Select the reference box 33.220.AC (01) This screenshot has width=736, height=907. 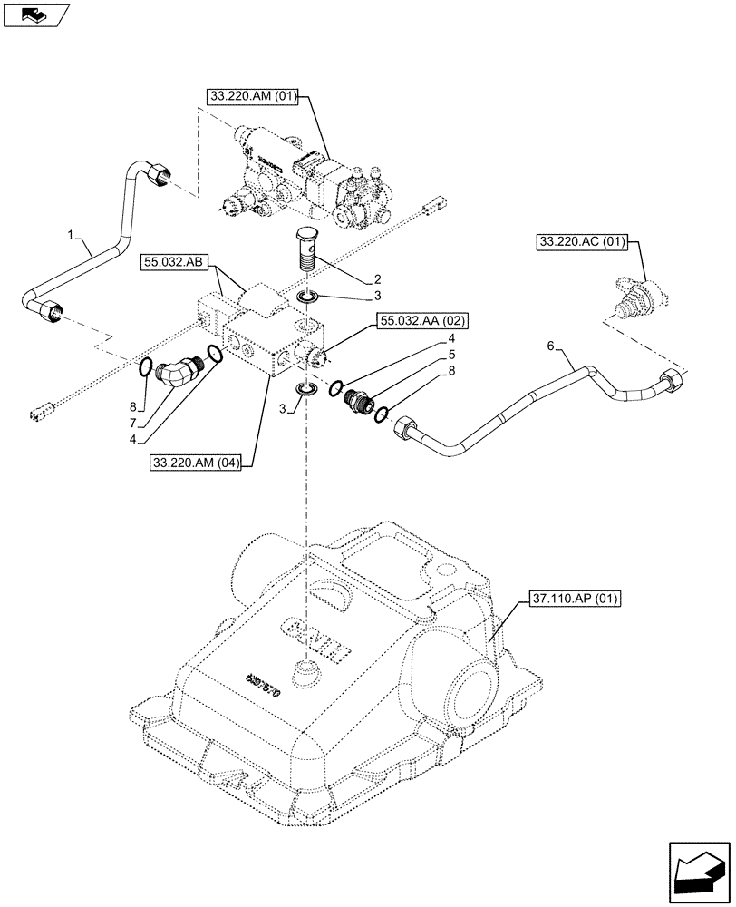coord(586,242)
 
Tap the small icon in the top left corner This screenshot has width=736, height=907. coord(35,14)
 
